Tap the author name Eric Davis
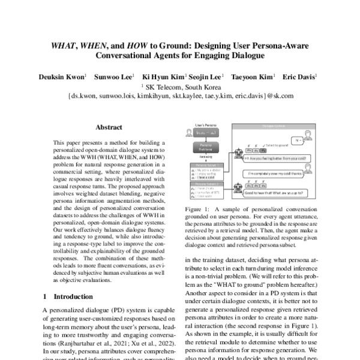(x=300, y=77)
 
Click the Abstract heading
(x=109, y=127)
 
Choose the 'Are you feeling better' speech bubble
(x=277, y=158)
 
